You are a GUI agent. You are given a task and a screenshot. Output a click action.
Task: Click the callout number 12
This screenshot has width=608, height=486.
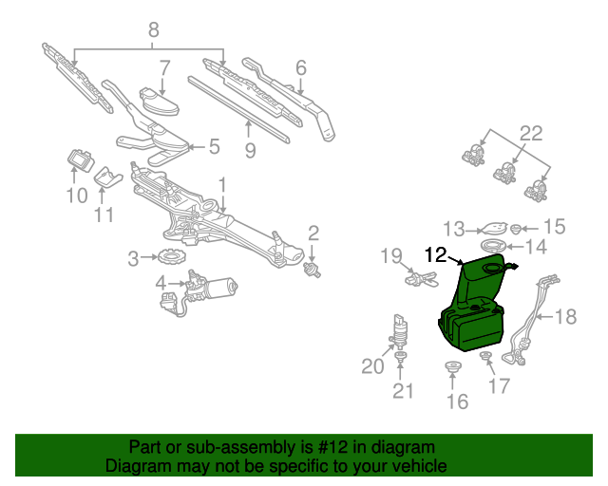pos(436,254)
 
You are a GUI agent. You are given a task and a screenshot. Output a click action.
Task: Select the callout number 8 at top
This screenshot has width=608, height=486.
pos(153,31)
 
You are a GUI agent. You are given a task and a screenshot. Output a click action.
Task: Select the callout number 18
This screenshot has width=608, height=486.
pos(565,316)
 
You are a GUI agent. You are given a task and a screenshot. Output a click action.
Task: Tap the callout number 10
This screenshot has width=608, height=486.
pos(75,196)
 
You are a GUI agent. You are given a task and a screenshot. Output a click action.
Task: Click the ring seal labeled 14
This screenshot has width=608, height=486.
pos(505,248)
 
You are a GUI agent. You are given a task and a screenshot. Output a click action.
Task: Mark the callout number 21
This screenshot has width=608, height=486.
pos(404,392)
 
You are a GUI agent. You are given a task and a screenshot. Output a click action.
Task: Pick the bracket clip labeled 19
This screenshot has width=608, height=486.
pos(422,278)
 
